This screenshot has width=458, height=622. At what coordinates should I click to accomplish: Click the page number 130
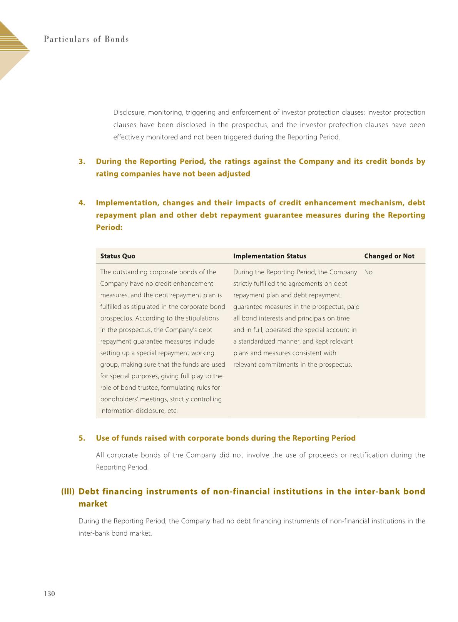point(50,593)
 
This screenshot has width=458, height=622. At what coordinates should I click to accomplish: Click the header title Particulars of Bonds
point(86,39)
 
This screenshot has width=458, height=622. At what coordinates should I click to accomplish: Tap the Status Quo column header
point(118,256)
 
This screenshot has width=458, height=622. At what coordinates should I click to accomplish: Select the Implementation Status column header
point(270,256)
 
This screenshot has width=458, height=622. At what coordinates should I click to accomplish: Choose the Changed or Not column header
point(389,256)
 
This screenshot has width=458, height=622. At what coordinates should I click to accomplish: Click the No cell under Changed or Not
point(368,272)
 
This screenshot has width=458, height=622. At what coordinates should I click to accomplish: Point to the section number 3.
point(82,161)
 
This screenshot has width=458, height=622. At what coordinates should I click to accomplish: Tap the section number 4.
point(82,203)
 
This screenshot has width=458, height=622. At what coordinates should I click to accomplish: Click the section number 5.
point(82,438)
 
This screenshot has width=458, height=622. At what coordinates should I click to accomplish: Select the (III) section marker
point(68,491)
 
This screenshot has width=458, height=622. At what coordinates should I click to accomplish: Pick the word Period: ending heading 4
point(109,228)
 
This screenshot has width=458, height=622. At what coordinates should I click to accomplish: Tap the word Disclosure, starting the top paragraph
point(129,113)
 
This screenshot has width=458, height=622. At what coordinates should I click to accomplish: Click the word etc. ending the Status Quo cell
point(172,411)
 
